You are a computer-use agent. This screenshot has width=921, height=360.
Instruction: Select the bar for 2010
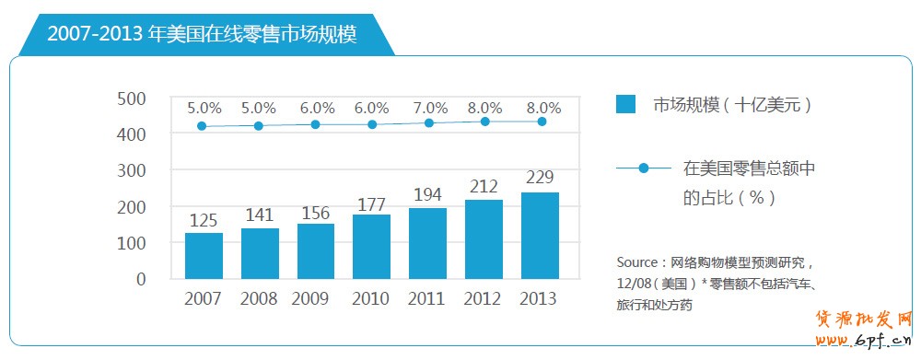pos(372,246)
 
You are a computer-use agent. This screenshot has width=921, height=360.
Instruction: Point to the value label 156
pos(316,213)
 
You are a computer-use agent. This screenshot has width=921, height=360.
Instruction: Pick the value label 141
pos(260,216)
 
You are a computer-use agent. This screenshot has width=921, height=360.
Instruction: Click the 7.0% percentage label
pos(428,108)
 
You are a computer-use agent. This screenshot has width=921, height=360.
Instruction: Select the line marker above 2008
pos(259,125)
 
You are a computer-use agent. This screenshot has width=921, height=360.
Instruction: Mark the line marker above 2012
pos(485,122)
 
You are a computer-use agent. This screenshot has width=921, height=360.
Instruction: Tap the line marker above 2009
pos(316,124)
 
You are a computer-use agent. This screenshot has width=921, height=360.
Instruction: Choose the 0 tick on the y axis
pos(141,278)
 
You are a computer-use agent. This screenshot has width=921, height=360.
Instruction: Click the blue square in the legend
pos(626,104)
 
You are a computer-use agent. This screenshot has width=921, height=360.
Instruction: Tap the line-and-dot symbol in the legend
pos(643,168)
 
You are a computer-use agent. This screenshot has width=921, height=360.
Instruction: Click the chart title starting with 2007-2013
pos(202,34)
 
